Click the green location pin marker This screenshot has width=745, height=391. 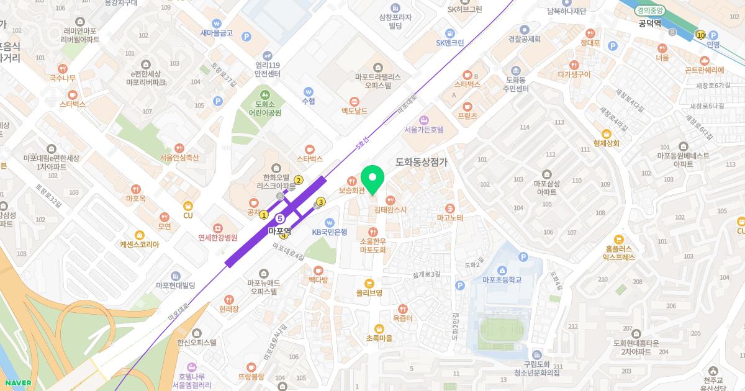click(x=372, y=180)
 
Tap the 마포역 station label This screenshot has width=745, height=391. click(x=279, y=230)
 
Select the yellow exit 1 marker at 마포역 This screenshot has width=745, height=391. click(x=264, y=215)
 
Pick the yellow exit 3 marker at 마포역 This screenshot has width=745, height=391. click(x=321, y=201)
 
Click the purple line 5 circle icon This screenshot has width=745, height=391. click(x=280, y=218)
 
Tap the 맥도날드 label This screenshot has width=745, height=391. click(x=354, y=111)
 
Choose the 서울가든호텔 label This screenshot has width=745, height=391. click(x=424, y=130)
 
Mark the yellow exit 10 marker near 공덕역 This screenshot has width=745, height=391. click(x=701, y=35)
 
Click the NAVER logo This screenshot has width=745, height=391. click(x=17, y=383)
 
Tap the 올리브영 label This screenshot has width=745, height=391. click(x=369, y=292)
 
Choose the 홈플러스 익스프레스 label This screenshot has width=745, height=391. click(x=619, y=251)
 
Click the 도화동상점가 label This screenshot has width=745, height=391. click(x=422, y=161)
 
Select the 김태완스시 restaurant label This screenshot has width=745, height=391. click(x=390, y=209)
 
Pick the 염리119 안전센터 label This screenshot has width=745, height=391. click(x=268, y=68)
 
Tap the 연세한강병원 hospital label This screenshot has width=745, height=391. click(x=218, y=237)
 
